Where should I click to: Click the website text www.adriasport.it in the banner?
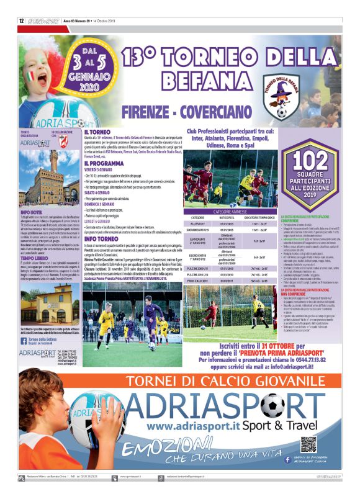click(187, 428)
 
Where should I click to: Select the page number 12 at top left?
click(21, 20)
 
